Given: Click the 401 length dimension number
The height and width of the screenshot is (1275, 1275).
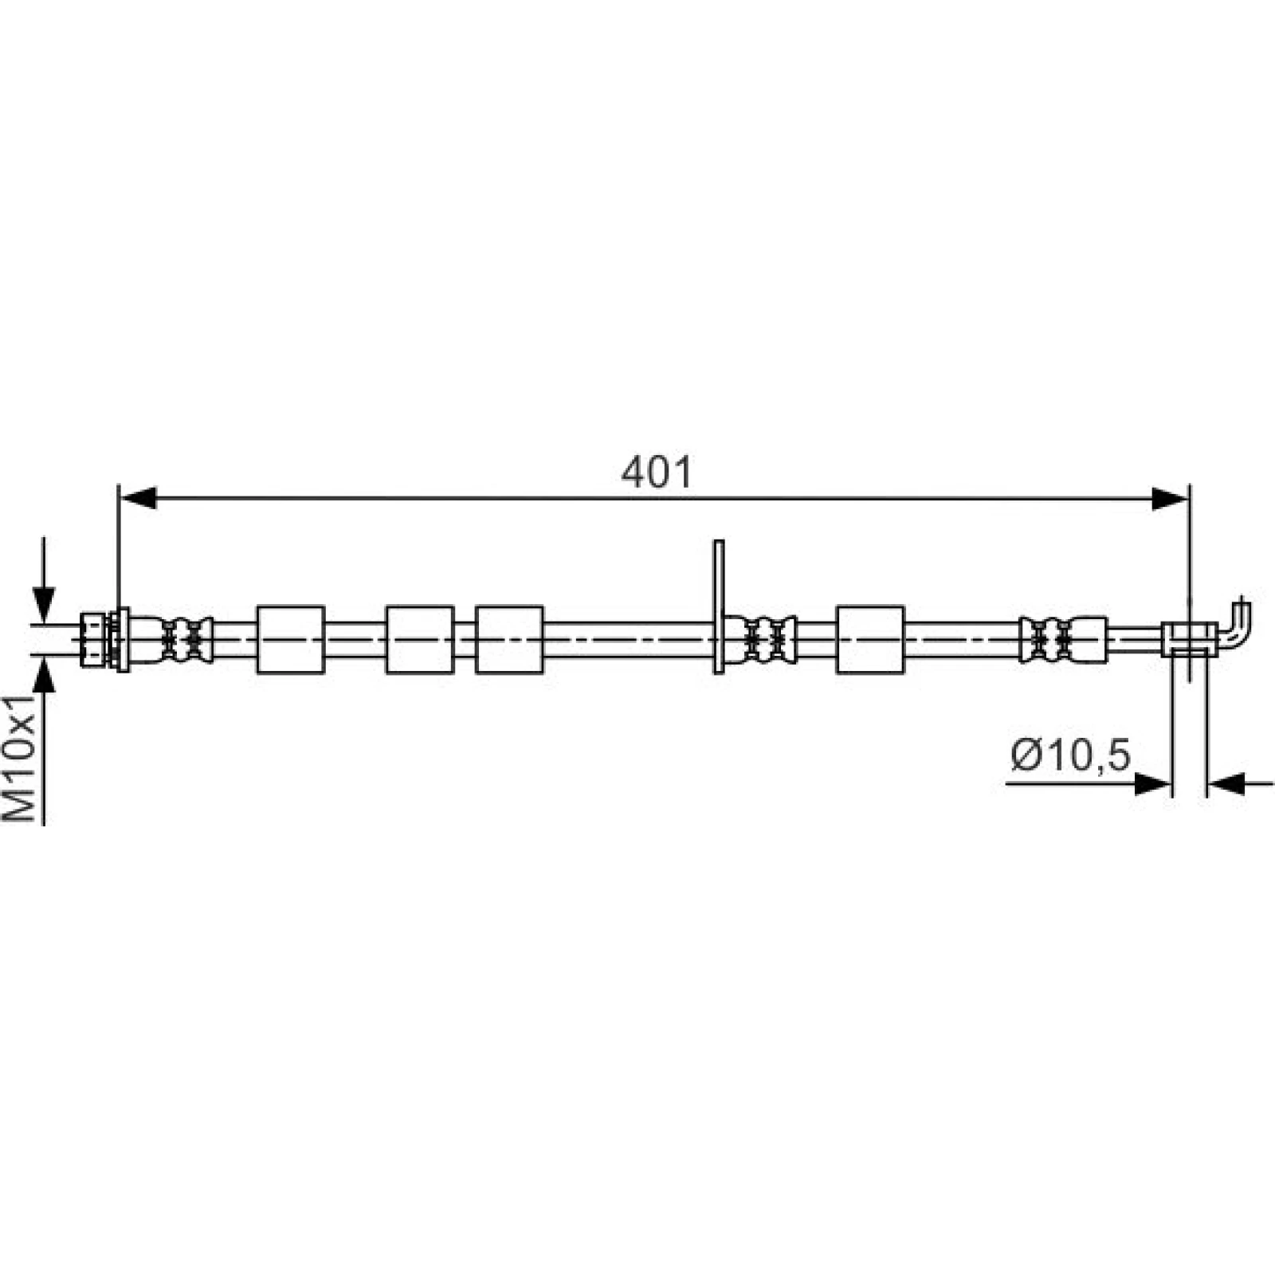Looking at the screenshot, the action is click(x=657, y=473).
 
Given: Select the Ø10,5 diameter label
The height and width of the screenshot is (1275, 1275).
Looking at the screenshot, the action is click(x=1070, y=755).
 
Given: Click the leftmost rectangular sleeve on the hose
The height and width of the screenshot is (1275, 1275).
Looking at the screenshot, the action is click(x=291, y=640).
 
